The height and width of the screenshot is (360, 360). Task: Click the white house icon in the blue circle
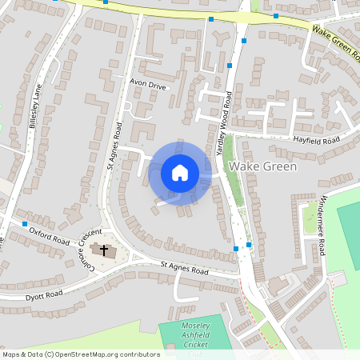[180, 172]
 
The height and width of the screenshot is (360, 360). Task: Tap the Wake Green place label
[262, 166]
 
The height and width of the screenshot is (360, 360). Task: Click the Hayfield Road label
[315, 139]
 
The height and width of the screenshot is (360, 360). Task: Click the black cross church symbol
[102, 250]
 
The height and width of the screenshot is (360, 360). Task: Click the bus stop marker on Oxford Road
[25, 223]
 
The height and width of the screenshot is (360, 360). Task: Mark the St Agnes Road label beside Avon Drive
[112, 145]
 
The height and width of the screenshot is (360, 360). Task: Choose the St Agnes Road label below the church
[184, 268]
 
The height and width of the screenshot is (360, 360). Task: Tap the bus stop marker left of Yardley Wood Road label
[230, 65]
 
